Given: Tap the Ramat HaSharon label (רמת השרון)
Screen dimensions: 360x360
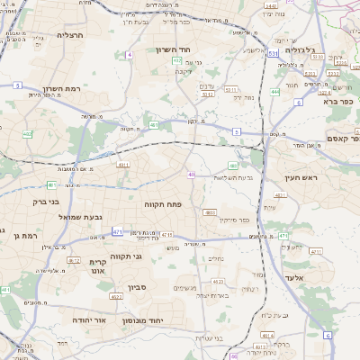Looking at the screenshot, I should (x=62, y=90).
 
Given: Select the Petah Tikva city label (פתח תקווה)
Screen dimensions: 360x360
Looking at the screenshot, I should (x=163, y=205).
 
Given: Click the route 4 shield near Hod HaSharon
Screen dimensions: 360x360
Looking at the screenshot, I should (x=130, y=55).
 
